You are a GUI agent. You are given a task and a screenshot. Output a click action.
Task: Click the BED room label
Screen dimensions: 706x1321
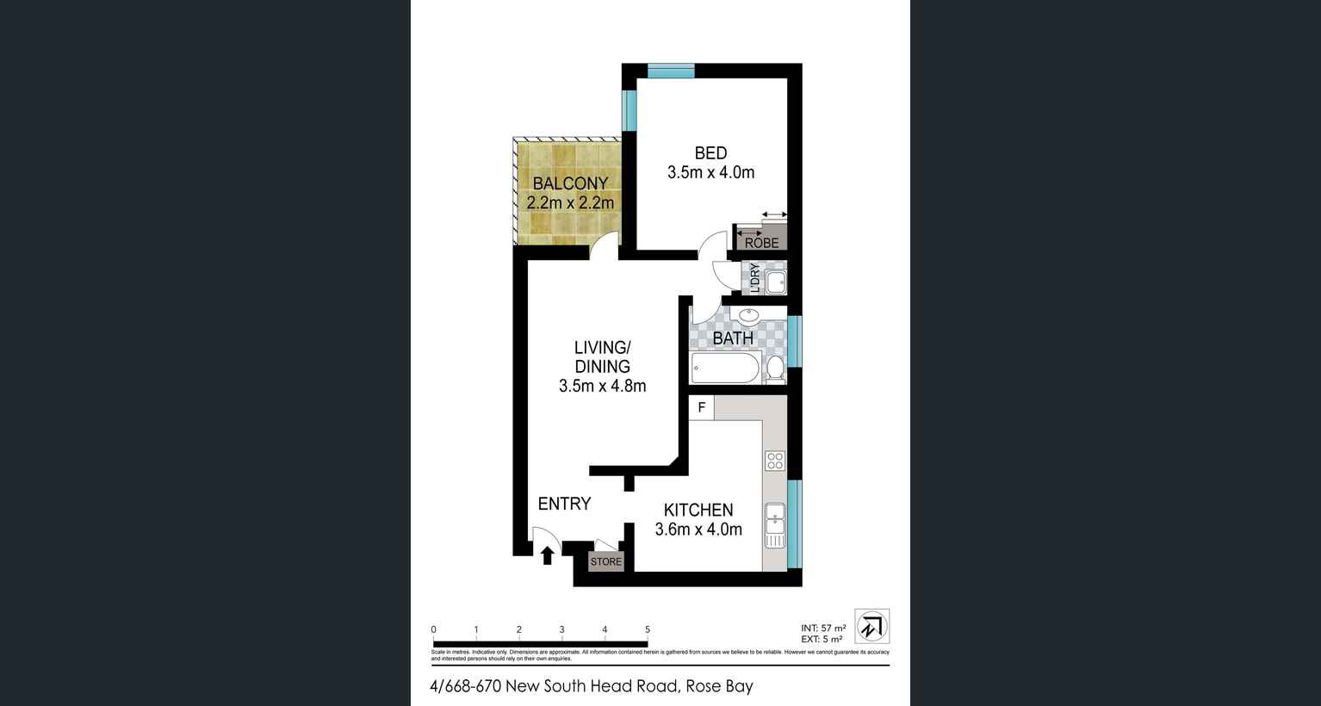[710, 153]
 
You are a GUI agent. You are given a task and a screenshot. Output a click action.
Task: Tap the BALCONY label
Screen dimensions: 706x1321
[570, 183]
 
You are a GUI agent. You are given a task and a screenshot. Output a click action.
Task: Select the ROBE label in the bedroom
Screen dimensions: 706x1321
[761, 243]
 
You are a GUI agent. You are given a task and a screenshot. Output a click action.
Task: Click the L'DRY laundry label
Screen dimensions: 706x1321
[754, 278]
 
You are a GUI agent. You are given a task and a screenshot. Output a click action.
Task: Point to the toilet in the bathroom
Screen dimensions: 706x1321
[774, 368]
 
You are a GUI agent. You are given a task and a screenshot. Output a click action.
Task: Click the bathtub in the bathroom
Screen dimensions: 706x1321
[725, 368]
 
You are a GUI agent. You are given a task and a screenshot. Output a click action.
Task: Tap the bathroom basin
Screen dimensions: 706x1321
[749, 315]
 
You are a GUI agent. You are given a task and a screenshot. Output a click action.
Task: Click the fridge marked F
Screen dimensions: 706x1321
[701, 407]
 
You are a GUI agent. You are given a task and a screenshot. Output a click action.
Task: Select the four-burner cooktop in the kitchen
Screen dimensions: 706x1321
[775, 461]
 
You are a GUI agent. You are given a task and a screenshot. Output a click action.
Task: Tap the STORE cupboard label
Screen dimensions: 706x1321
[605, 561]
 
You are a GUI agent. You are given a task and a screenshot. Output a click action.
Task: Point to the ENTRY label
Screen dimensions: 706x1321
[564, 504]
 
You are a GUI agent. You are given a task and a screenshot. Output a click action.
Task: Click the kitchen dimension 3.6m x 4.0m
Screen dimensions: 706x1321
[698, 529]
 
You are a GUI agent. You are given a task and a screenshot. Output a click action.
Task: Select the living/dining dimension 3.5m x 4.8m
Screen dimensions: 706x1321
[602, 386]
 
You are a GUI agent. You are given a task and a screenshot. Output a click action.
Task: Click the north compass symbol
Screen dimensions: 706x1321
[872, 626]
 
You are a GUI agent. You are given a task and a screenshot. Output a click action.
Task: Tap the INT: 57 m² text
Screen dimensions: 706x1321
[823, 628]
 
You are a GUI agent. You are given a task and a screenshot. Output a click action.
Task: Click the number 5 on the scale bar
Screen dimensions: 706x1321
[648, 629]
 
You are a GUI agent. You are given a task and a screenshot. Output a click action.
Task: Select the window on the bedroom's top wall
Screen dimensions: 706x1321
[671, 71]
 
